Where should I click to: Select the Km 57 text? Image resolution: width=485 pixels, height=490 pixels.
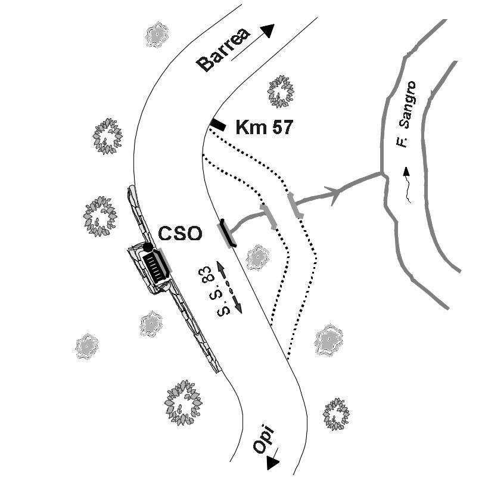pyautogui.click(x=264, y=127)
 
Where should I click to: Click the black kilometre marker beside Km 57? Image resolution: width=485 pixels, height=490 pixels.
pyautogui.click(x=217, y=125)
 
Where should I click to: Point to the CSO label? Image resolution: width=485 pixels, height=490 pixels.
pyautogui.click(x=180, y=233)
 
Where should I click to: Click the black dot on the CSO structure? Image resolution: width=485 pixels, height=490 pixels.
pyautogui.click(x=148, y=247)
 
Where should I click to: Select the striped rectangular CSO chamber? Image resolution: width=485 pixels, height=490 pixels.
pyautogui.click(x=156, y=268)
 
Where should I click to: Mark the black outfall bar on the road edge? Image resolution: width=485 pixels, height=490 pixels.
pyautogui.click(x=228, y=232)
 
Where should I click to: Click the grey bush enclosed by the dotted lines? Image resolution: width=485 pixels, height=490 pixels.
pyautogui.click(x=257, y=256)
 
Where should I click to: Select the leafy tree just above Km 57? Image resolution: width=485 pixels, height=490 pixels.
pyautogui.click(x=280, y=91)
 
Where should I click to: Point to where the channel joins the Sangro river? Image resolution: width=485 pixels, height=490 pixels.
pyautogui.click(x=382, y=173)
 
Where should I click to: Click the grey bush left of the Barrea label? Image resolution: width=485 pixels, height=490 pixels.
pyautogui.click(x=156, y=36)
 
